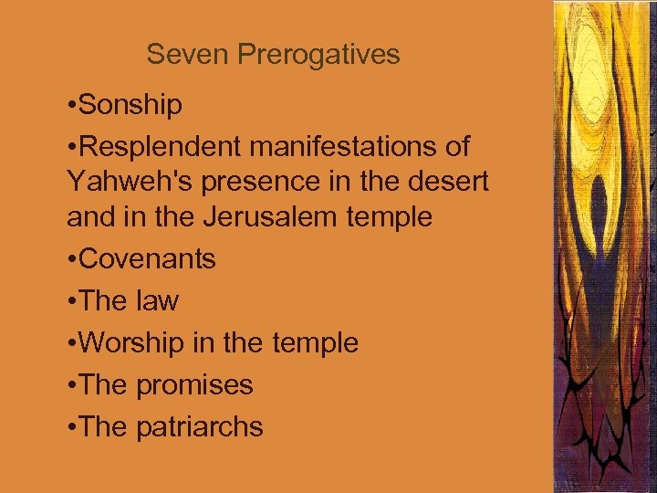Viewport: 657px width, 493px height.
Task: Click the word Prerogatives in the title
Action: click(318, 56)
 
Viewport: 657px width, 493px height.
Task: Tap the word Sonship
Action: click(131, 106)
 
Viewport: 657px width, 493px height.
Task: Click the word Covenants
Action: click(148, 259)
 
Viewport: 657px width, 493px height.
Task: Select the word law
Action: click(158, 300)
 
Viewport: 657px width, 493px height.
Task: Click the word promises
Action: click(195, 386)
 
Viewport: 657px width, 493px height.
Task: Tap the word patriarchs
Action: click(201, 427)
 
